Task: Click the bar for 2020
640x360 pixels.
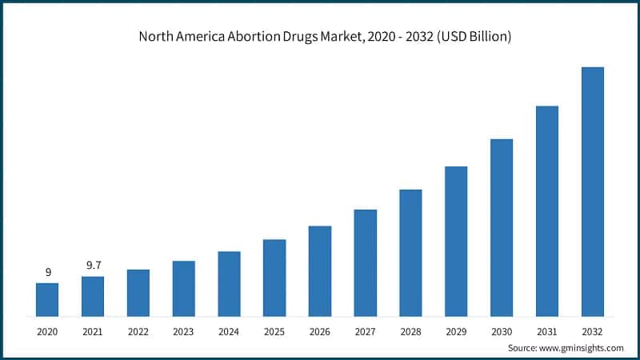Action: pos(47,299)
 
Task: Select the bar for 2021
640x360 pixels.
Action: pos(93,296)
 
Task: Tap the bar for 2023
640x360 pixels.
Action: pos(184,288)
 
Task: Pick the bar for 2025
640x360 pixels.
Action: pos(274,278)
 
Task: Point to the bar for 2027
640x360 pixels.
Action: pos(366,262)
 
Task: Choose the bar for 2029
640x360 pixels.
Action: pos(456,241)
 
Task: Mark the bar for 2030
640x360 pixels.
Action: pos(502,227)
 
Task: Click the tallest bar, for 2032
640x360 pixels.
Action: pos(593,191)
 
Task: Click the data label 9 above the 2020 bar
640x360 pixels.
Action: pos(47,272)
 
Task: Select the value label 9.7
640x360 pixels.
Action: pos(93,266)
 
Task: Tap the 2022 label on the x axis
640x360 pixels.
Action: pos(138,330)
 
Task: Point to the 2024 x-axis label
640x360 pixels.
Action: pos(229,330)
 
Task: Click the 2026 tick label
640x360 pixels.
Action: pos(320,330)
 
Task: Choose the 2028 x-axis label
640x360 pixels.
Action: pos(410,330)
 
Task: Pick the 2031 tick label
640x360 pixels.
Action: pos(547,330)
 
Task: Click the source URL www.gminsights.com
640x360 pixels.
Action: pos(582,348)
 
